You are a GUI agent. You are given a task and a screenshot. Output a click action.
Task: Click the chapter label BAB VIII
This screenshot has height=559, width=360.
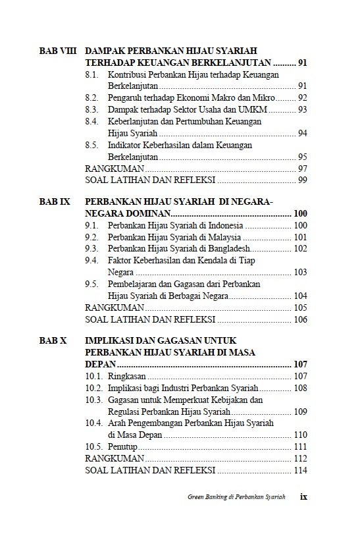(x=59, y=51)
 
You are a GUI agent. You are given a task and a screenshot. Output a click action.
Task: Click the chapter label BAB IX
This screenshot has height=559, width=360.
(x=55, y=202)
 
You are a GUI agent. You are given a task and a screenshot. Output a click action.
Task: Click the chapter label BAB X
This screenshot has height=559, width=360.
(x=53, y=341)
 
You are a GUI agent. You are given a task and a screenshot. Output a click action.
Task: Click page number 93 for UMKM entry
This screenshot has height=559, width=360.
(x=302, y=109)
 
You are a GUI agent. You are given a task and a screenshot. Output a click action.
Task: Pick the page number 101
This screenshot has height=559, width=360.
(x=300, y=237)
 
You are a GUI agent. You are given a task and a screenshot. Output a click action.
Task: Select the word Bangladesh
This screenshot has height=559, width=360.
(x=226, y=249)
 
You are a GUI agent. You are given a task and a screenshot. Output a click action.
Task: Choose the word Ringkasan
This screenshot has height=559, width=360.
(x=127, y=377)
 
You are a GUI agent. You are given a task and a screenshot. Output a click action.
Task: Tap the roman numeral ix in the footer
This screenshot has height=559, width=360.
(x=303, y=496)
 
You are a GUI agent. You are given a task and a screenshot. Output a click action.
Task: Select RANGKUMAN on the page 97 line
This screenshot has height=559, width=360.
(x=115, y=168)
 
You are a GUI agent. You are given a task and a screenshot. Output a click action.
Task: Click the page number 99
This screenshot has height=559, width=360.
(x=302, y=179)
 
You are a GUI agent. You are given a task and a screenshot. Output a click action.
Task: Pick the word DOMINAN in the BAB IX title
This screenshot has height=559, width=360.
(x=144, y=214)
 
